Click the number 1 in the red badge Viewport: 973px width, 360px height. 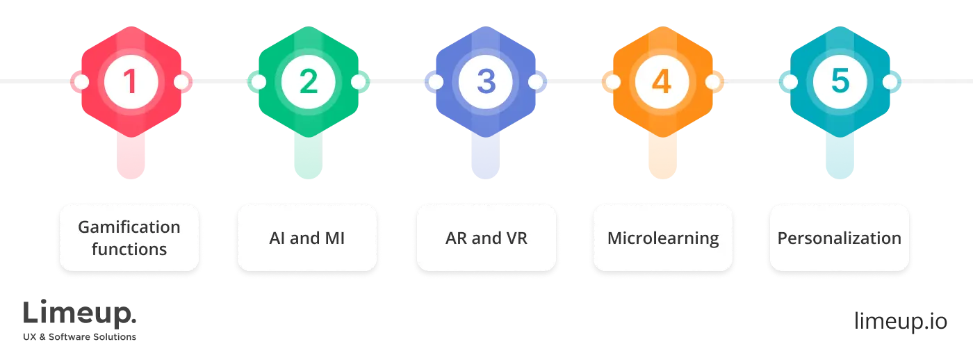tap(131, 82)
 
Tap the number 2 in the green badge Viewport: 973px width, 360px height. tap(308, 82)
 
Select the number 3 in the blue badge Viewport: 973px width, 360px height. tap(485, 82)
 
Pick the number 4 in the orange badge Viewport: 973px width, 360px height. tap(662, 82)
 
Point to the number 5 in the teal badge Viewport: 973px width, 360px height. tap(840, 82)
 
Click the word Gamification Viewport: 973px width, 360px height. tap(129, 227)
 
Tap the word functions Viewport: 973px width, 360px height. tap(129, 249)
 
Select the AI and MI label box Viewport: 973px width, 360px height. tap(306, 238)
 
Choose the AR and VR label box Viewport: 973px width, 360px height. tap(486, 238)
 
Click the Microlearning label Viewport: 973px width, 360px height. tap(663, 238)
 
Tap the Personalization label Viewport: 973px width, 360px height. tap(840, 238)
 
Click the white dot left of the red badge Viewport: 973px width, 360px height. tap(81, 82)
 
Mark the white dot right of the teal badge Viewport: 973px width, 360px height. tap(890, 82)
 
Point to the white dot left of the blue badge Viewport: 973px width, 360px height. tap(436, 82)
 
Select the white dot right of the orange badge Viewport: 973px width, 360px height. tap(712, 82)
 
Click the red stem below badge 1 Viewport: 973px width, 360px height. tap(131, 156)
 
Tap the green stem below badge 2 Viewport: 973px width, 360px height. tap(308, 156)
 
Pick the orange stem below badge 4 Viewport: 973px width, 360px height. tap(662, 156)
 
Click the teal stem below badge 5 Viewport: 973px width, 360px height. tap(840, 156)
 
